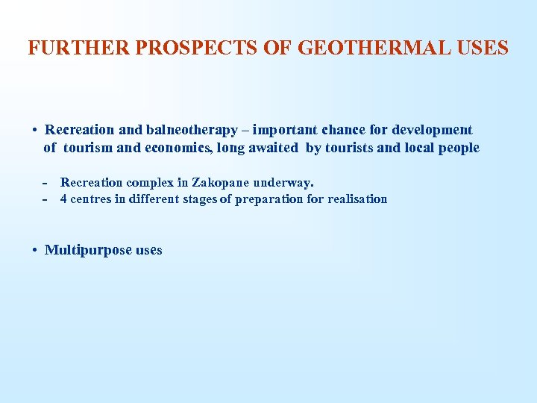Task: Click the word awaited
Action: tap(274, 148)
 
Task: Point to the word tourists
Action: tap(349, 148)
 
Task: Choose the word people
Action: tap(459, 148)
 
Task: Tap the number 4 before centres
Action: tap(63, 199)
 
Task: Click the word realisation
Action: tap(357, 199)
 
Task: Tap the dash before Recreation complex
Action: tap(45, 183)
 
